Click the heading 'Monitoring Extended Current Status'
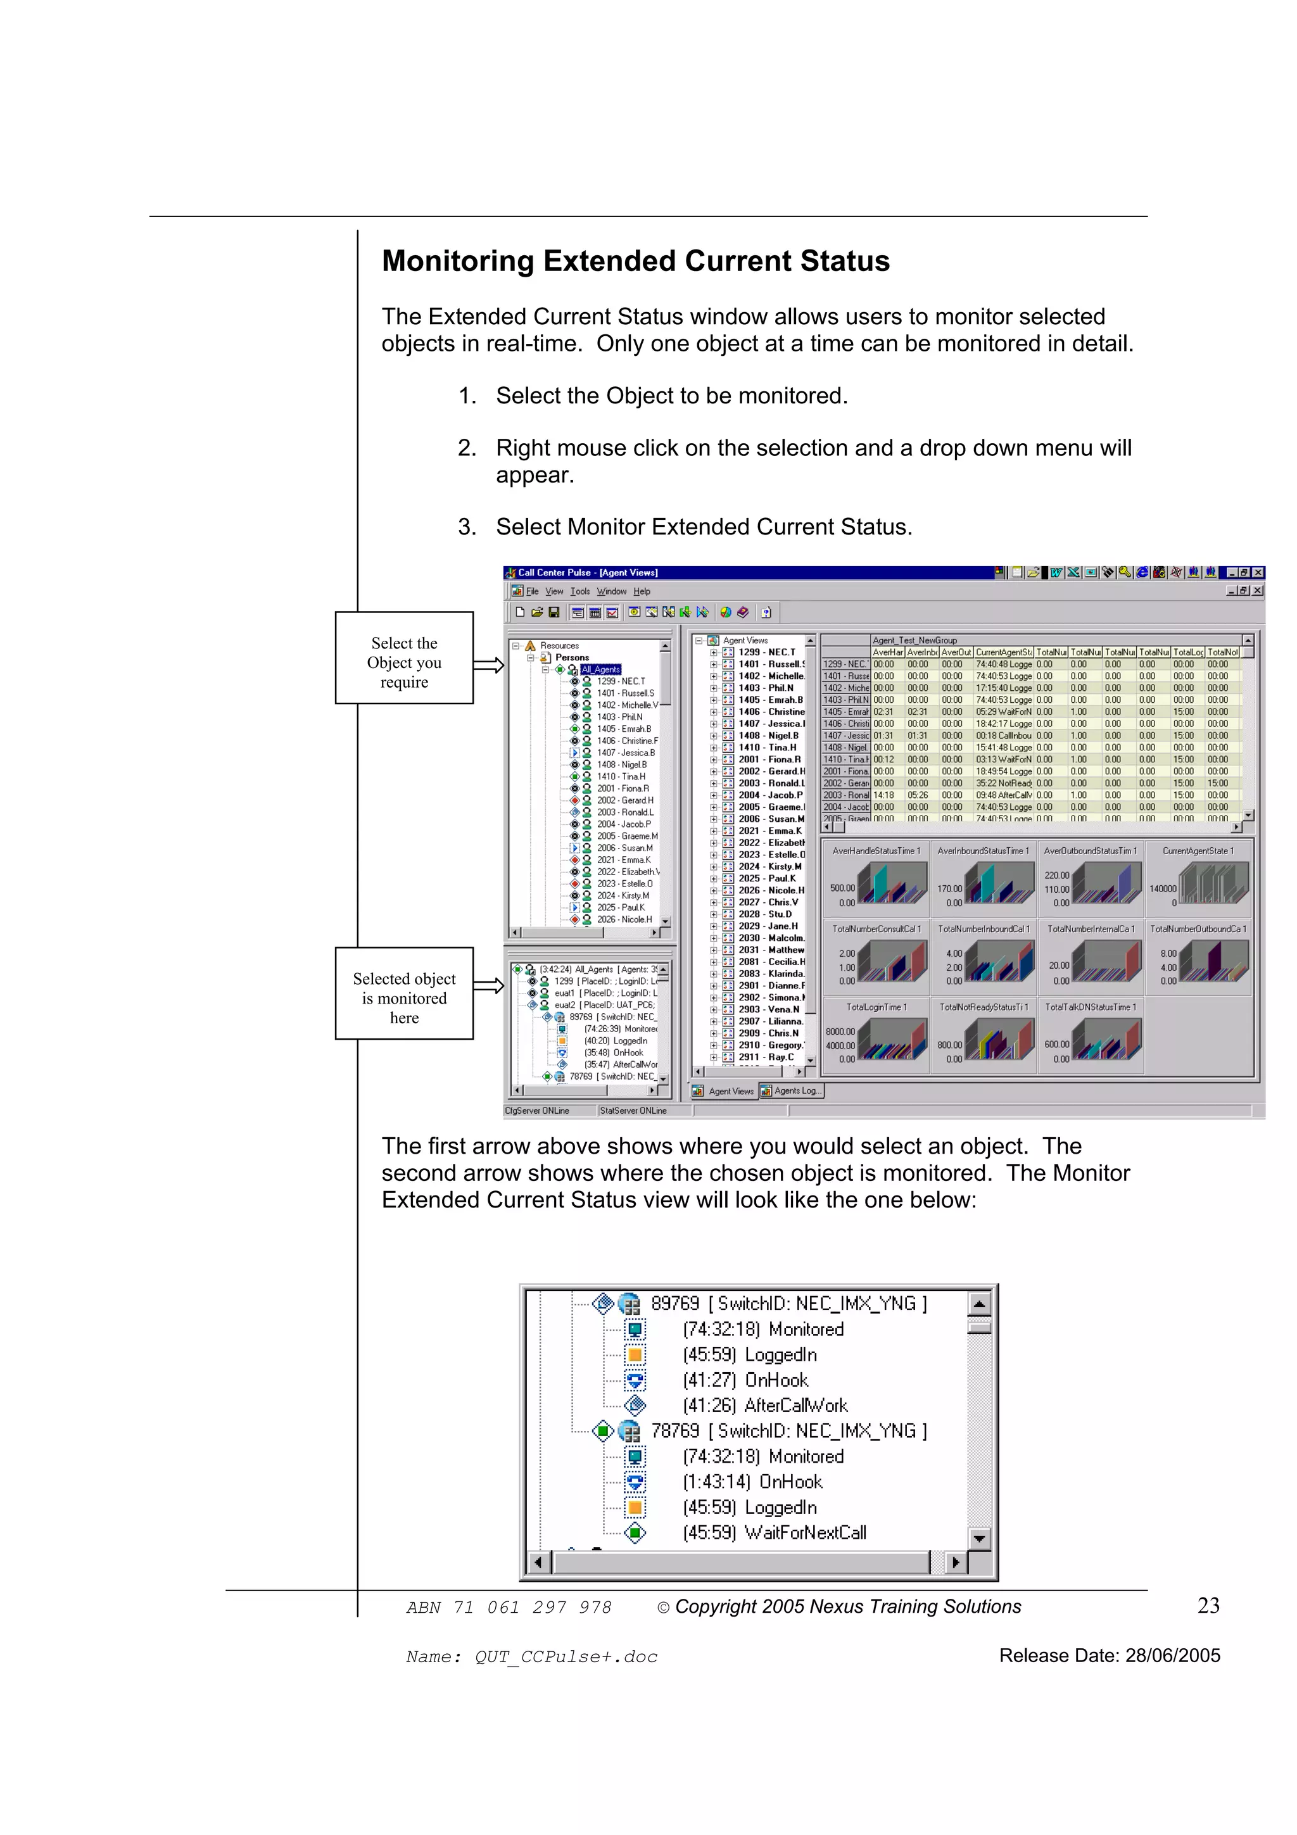pos(635,262)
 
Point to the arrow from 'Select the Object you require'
pos(488,665)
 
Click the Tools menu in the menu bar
pos(579,591)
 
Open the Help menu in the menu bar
pos(642,591)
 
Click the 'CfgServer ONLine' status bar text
pos(537,1111)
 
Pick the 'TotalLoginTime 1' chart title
pos(876,1007)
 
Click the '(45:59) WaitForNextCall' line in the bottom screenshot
pos(773,1533)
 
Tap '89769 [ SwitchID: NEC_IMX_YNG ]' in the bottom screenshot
pos(788,1304)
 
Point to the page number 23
pos(1208,1606)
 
